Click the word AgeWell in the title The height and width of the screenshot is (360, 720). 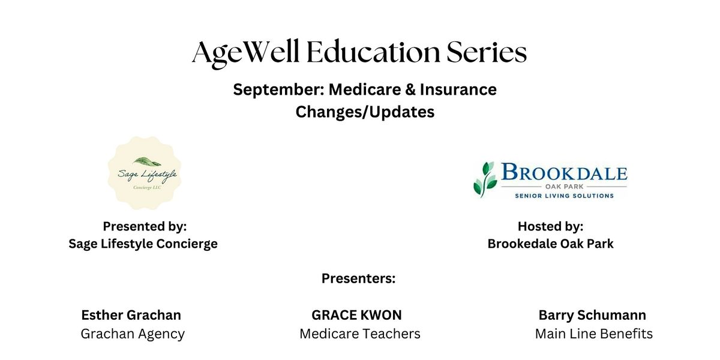[x=245, y=53]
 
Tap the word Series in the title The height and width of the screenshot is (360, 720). [x=487, y=52]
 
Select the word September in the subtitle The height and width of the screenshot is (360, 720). [x=278, y=89]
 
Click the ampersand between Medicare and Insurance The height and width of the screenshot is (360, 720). [x=410, y=89]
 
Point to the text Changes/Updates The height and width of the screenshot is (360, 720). [x=365, y=112]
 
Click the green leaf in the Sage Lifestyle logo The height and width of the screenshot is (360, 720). [x=147, y=161]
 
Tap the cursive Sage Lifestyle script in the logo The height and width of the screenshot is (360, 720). [x=148, y=175]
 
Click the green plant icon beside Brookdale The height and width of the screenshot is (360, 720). [x=485, y=179]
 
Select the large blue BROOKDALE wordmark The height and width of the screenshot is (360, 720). [x=564, y=172]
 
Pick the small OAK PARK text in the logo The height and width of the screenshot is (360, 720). [x=564, y=187]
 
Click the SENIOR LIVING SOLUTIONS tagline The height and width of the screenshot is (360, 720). [x=564, y=196]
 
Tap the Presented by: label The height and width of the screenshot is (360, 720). [x=145, y=227]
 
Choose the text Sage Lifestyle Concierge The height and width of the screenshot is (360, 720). [x=143, y=244]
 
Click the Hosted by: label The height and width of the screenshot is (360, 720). [x=550, y=227]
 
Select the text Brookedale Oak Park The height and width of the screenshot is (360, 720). [x=550, y=244]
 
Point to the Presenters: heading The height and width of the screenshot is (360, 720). [x=358, y=278]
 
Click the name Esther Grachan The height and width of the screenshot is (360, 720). [x=131, y=315]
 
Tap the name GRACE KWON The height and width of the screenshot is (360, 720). [x=356, y=315]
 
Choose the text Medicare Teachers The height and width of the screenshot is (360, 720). [x=359, y=334]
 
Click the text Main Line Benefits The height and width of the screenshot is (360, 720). [x=593, y=334]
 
